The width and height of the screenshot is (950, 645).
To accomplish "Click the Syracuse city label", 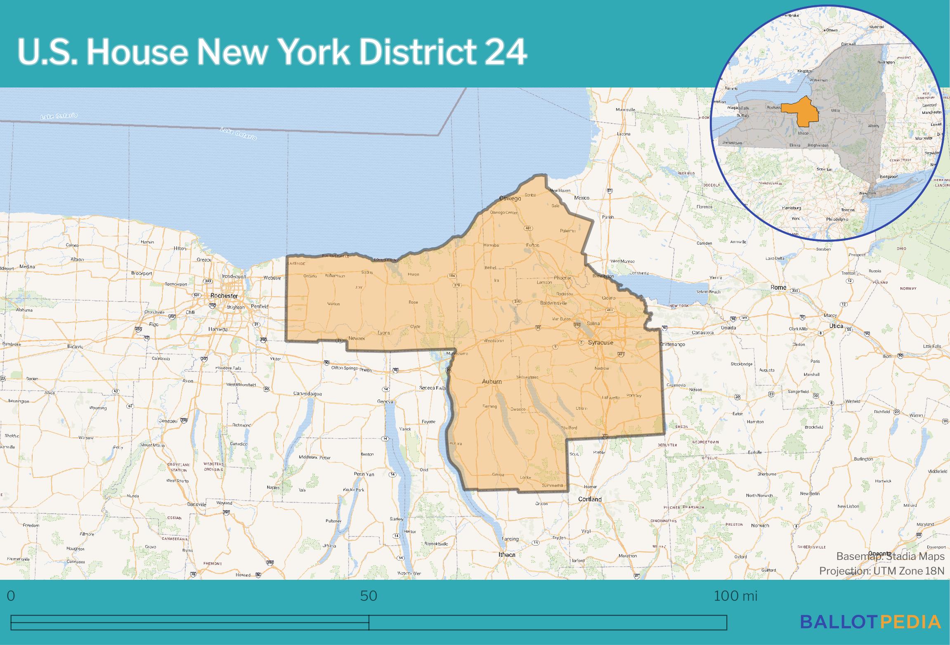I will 600,343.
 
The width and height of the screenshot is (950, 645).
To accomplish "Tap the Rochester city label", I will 224,296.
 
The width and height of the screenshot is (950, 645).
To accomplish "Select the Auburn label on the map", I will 492,382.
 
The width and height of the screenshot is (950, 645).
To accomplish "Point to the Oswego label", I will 510,198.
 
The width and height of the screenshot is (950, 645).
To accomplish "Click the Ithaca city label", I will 507,555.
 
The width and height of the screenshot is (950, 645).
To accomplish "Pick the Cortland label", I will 590,499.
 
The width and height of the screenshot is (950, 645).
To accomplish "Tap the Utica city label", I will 837,326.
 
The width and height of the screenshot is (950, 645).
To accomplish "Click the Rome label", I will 778,287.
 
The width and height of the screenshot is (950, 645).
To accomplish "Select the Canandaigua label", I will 307,394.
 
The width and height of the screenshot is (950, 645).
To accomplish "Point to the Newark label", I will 357,338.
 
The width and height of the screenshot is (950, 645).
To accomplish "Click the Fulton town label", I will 532,245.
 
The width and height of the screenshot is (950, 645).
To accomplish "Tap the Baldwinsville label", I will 553,303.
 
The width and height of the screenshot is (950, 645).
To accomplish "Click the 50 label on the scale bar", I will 369,596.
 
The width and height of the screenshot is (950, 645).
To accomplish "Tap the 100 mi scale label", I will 735,596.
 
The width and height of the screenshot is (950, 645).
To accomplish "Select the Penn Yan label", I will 364,474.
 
